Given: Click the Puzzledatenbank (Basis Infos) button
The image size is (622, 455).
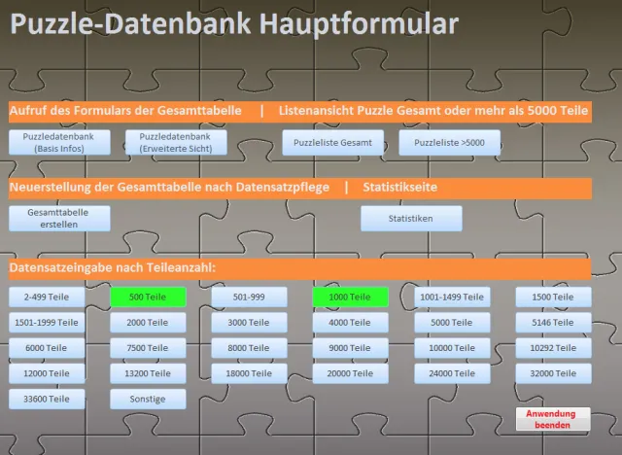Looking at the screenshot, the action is pyautogui.click(x=59, y=142).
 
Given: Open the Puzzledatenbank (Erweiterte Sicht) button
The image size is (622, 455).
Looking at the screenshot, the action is pyautogui.click(x=176, y=142).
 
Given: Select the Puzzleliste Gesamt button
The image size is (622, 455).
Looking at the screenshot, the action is pyautogui.click(x=332, y=142).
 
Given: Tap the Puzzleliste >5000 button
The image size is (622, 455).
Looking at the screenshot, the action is pyautogui.click(x=449, y=142).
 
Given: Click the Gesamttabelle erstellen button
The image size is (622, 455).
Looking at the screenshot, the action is pyautogui.click(x=59, y=218).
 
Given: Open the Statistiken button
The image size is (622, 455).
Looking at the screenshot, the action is pyautogui.click(x=411, y=218).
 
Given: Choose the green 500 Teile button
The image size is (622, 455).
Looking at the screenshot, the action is pyautogui.click(x=148, y=297).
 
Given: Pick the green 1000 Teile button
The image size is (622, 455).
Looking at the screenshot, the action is pyautogui.click(x=350, y=297).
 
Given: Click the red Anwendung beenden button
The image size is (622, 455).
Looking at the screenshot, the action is pyautogui.click(x=553, y=419).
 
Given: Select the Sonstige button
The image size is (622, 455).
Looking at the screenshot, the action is pyautogui.click(x=148, y=399).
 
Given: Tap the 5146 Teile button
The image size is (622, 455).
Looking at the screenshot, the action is pyautogui.click(x=553, y=323).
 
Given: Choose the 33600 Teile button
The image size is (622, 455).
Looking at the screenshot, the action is pyautogui.click(x=47, y=399).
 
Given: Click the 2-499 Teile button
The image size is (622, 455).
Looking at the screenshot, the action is pyautogui.click(x=47, y=297).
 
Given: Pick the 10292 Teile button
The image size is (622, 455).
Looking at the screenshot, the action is pyautogui.click(x=553, y=348).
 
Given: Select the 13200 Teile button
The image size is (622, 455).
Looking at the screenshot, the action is pyautogui.click(x=148, y=373).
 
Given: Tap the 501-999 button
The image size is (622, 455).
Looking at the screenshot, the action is pyautogui.click(x=249, y=297).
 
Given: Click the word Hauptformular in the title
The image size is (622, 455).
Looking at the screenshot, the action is pyautogui.click(x=359, y=24).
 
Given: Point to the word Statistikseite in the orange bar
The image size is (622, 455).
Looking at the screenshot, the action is pyautogui.click(x=399, y=187).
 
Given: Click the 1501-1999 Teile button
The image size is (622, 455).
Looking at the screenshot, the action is pyautogui.click(x=47, y=323).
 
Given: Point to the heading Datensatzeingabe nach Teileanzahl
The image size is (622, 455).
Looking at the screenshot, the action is pyautogui.click(x=113, y=267).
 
